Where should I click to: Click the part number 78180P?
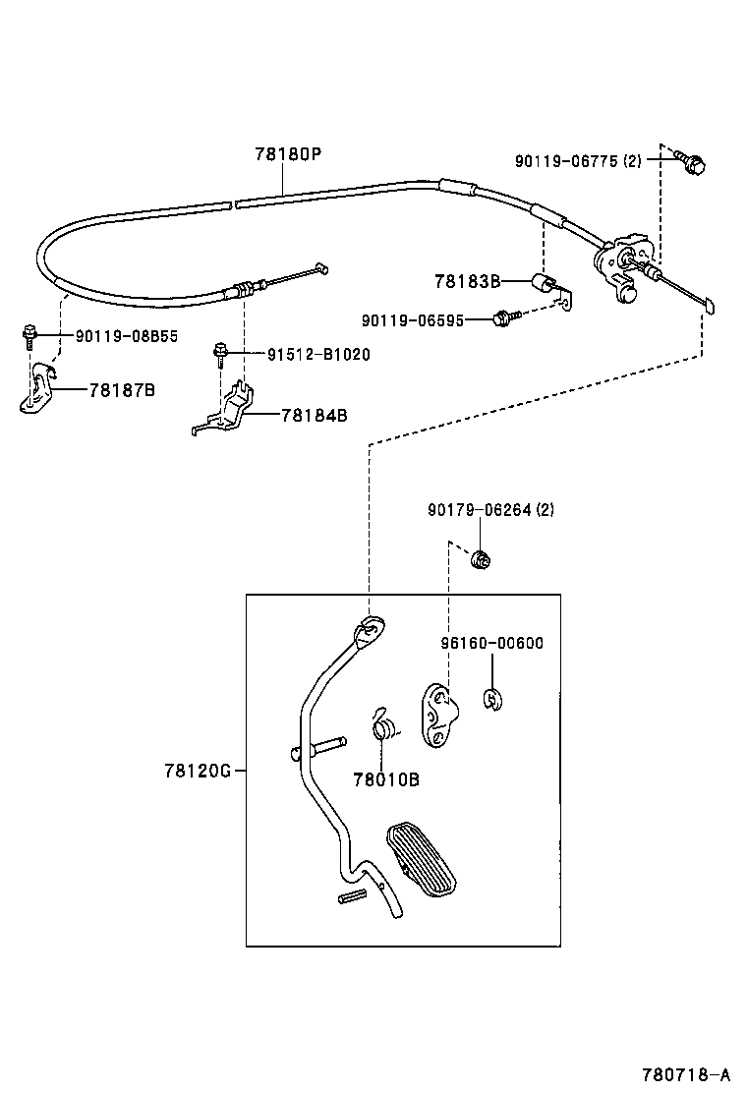[x=289, y=153]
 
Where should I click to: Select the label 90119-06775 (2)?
[x=578, y=161]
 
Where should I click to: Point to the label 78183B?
[x=468, y=281]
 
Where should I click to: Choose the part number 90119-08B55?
[x=127, y=336]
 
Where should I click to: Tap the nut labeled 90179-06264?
[x=480, y=558]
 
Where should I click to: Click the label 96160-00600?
[x=492, y=643]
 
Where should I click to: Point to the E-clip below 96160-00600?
[x=492, y=699]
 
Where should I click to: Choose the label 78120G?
[x=198, y=771]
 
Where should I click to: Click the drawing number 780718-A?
[x=686, y=1073]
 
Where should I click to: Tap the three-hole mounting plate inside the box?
[x=439, y=716]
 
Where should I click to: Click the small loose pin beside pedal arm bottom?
[x=352, y=897]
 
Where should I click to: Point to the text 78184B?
[x=315, y=416]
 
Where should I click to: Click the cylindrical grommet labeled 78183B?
[x=543, y=283]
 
